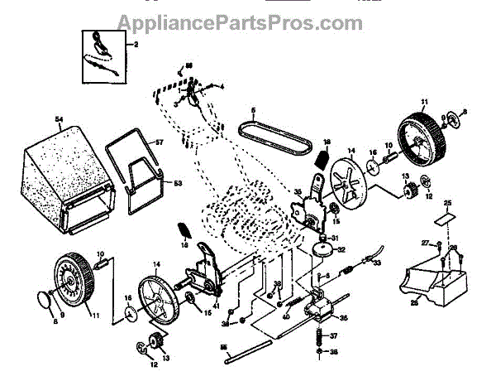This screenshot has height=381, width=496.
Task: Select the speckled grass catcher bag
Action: tap(70, 178)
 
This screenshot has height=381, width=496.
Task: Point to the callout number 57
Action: tap(160, 143)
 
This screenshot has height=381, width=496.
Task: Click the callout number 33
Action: tap(377, 263)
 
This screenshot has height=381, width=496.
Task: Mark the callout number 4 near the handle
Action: tap(222, 86)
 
